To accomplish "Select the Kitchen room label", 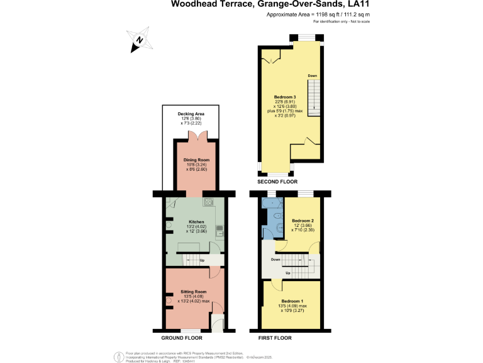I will pyautogui.click(x=197, y=222).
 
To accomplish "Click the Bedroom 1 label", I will pyautogui.click(x=292, y=301).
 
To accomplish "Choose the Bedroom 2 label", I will pyautogui.click(x=303, y=221).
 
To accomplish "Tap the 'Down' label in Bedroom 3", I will pyautogui.click(x=313, y=76).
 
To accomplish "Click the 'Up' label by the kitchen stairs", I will pyautogui.click(x=203, y=260).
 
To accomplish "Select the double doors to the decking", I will pyautogui.click(x=196, y=135).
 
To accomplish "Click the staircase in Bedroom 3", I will pyautogui.click(x=314, y=101).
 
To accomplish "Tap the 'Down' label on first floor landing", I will pyautogui.click(x=276, y=259).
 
